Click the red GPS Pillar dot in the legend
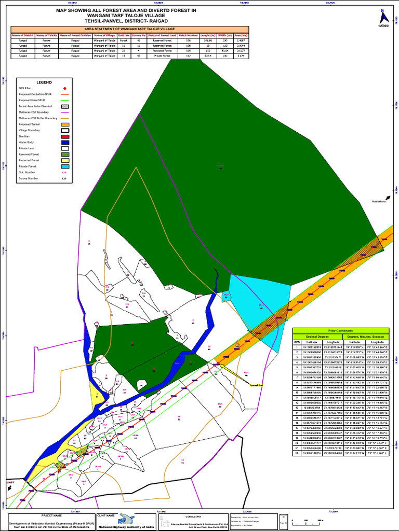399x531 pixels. [x=64, y=89]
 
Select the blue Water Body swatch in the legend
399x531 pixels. [x=64, y=142]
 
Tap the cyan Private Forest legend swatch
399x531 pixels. [x=64, y=166]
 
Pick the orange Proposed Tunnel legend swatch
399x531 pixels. [x=64, y=124]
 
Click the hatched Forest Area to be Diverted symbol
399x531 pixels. [x=64, y=106]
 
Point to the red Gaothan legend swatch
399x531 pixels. [x=64, y=136]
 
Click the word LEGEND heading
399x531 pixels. [x=44, y=82]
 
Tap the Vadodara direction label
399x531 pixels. [x=379, y=201]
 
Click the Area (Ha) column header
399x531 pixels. [x=240, y=35]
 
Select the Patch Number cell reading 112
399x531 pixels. [x=189, y=56]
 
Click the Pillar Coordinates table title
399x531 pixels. [x=341, y=330]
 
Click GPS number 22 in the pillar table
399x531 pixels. [x=297, y=453]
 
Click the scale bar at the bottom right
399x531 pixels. [x=306, y=520]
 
